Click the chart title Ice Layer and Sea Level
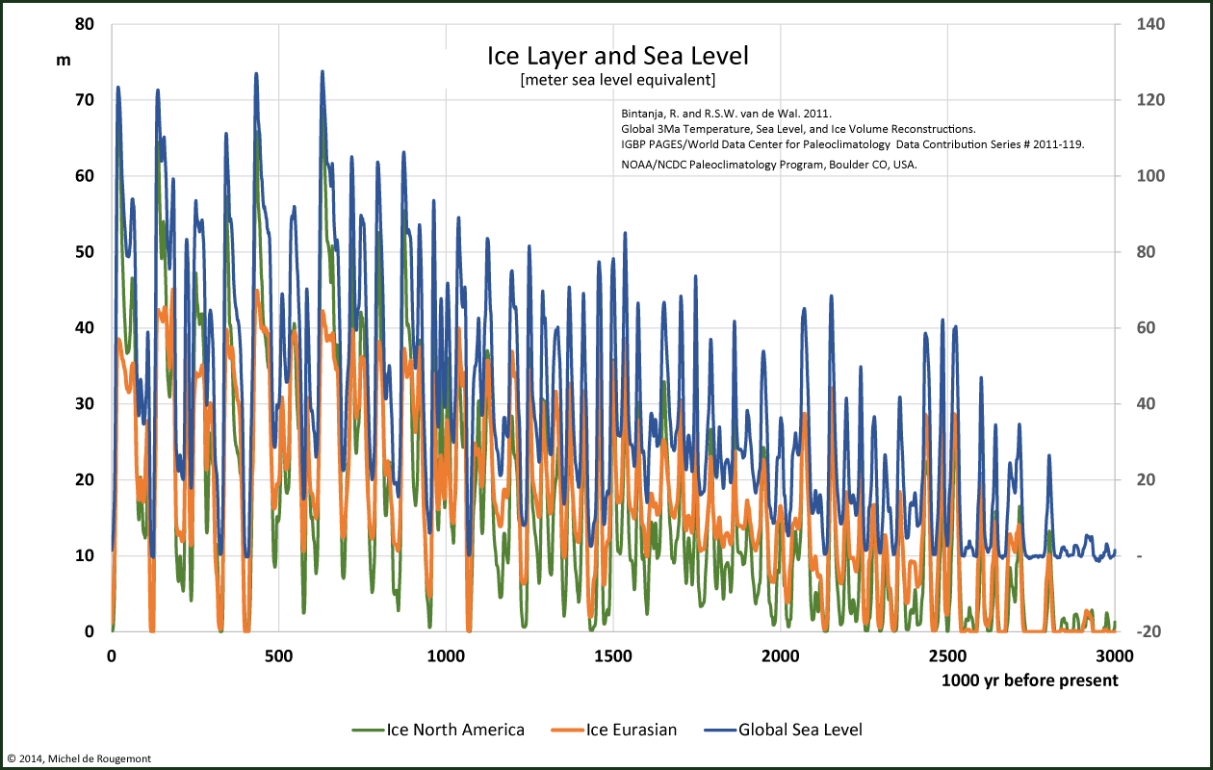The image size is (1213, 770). click(617, 56)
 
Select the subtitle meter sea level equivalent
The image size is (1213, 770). click(617, 80)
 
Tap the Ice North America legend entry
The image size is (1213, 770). click(439, 730)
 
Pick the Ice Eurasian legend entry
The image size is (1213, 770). click(617, 730)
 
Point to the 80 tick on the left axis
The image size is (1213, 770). click(84, 23)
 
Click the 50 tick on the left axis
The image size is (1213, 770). click(84, 251)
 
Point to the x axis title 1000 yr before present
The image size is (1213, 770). click(1030, 680)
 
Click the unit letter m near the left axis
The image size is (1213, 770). click(64, 60)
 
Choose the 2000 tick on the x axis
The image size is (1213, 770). click(780, 656)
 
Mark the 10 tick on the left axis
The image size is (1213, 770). click(84, 555)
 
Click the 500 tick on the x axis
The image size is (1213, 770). click(279, 656)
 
